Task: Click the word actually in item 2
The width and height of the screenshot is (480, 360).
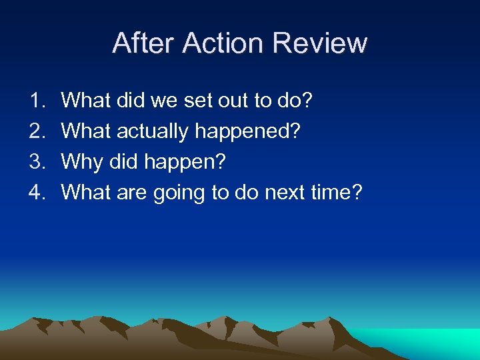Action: tap(153, 132)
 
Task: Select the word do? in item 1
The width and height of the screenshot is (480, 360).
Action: tap(298, 101)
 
